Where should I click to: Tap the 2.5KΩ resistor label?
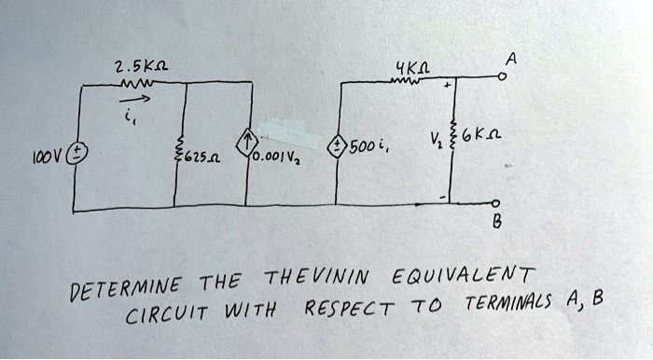pyautogui.click(x=142, y=66)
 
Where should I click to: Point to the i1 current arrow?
pyautogui.click(x=134, y=100)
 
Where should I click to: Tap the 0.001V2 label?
pyautogui.click(x=276, y=158)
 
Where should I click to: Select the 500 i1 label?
pyautogui.click(x=369, y=147)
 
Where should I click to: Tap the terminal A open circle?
pyautogui.click(x=503, y=77)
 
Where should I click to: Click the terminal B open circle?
pyautogui.click(x=494, y=203)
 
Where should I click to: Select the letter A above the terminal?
pyautogui.click(x=511, y=60)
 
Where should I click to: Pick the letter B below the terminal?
pyautogui.click(x=497, y=223)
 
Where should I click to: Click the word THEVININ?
pyautogui.click(x=317, y=278)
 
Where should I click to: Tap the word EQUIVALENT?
pyautogui.click(x=464, y=276)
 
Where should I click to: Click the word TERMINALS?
pyautogui.click(x=508, y=302)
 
